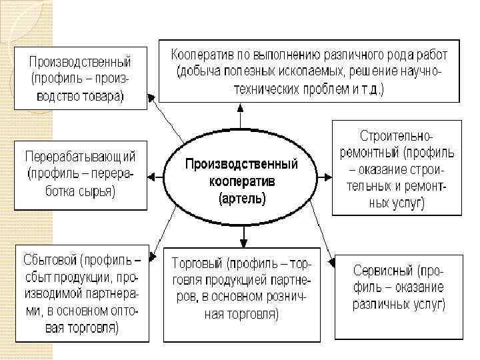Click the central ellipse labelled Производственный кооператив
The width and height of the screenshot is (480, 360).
click(241, 180)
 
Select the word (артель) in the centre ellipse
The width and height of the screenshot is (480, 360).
click(242, 198)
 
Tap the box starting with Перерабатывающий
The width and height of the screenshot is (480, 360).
click(81, 175)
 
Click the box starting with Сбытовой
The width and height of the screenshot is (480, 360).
click(81, 293)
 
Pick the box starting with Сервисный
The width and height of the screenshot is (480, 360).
click(398, 288)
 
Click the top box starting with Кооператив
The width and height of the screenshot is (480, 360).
click(308, 70)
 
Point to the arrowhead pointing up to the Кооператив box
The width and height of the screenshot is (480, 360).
click(244, 107)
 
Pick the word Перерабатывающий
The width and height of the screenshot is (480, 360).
click(81, 158)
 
